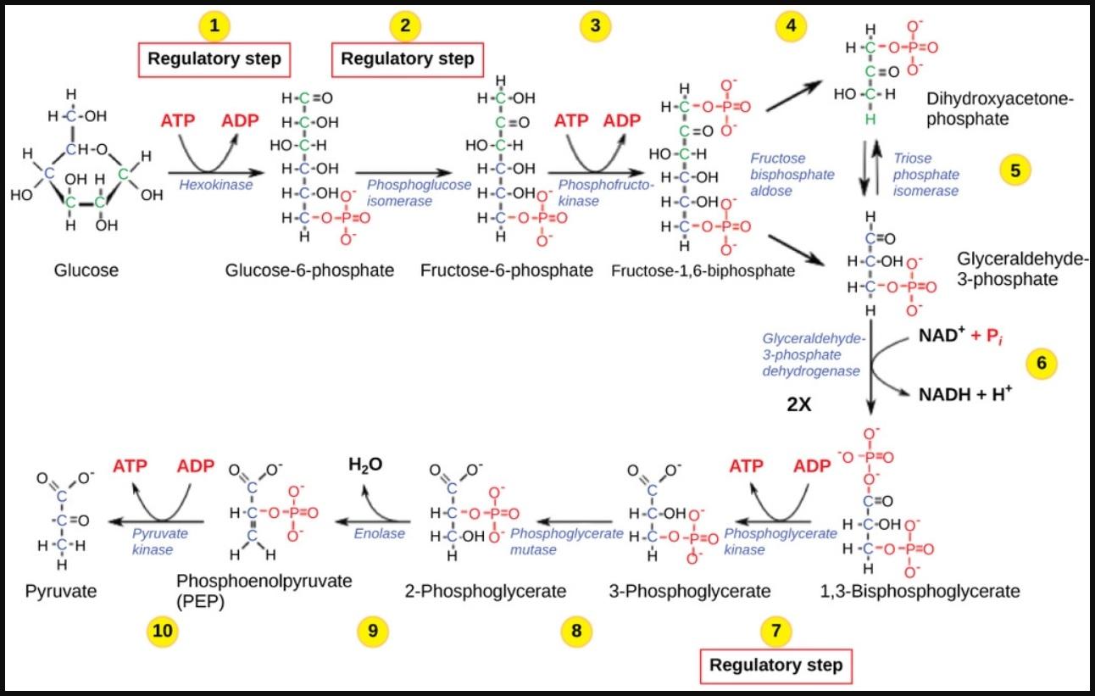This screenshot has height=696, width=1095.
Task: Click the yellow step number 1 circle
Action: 214,26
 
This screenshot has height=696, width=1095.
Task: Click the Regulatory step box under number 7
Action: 776,665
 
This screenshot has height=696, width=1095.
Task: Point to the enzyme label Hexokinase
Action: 215,184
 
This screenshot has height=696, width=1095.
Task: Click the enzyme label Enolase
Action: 380,533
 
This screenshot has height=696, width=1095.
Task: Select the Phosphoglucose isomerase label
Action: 418,192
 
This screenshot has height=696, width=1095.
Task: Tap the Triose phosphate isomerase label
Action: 926,175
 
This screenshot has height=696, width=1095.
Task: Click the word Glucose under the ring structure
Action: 86,270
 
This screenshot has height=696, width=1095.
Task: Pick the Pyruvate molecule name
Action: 61,590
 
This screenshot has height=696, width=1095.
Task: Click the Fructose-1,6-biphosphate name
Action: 703,271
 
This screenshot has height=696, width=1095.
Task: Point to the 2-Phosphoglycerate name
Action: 486,590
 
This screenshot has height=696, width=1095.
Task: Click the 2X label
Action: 799,405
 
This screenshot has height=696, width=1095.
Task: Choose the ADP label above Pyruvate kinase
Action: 195,466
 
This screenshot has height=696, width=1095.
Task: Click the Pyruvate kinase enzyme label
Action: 160,542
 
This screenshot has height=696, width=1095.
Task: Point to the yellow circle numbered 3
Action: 595,26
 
